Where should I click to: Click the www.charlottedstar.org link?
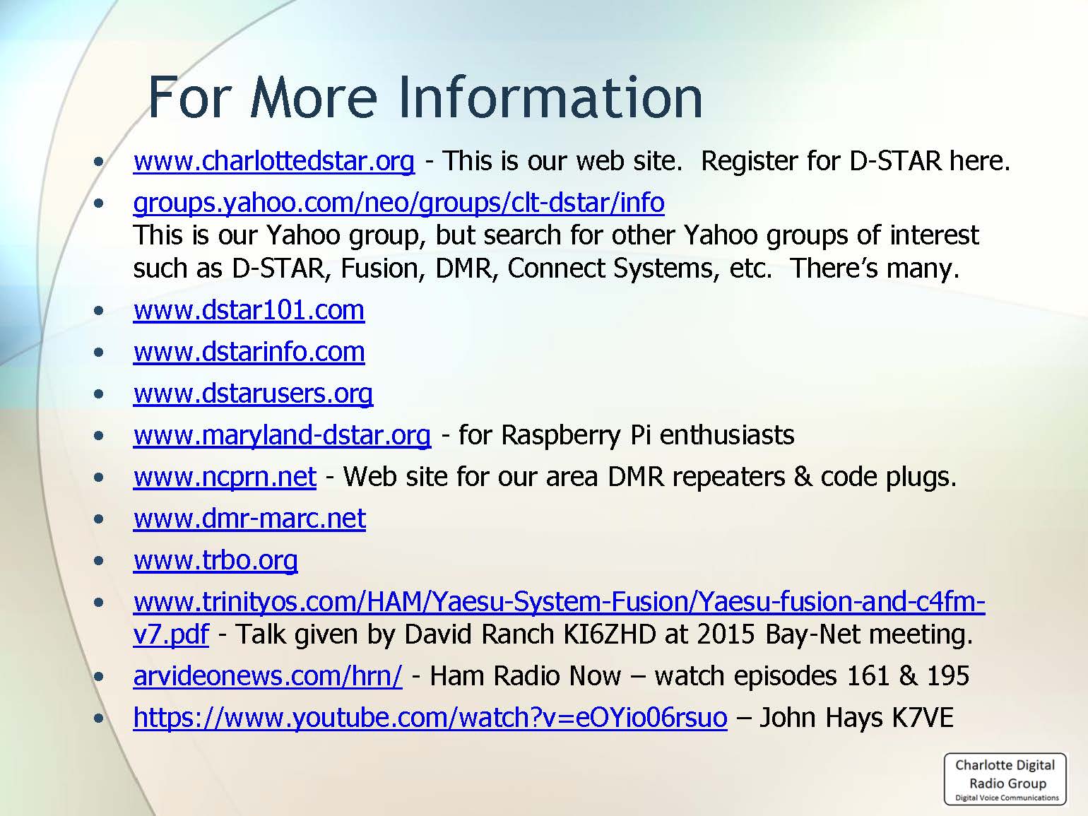click(274, 161)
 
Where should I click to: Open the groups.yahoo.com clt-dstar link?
click(399, 203)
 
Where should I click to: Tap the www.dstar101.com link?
click(249, 310)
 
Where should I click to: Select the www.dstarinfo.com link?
click(249, 352)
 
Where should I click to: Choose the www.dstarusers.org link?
click(254, 394)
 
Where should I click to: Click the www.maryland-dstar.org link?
click(282, 435)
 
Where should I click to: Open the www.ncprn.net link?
click(225, 477)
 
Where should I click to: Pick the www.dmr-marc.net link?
click(250, 519)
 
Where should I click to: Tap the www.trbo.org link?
click(215, 560)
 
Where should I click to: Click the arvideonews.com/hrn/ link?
click(268, 676)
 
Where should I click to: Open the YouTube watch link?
click(430, 717)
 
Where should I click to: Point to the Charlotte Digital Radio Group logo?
click(1005, 779)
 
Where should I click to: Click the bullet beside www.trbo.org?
click(99, 561)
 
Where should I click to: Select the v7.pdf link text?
click(171, 634)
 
